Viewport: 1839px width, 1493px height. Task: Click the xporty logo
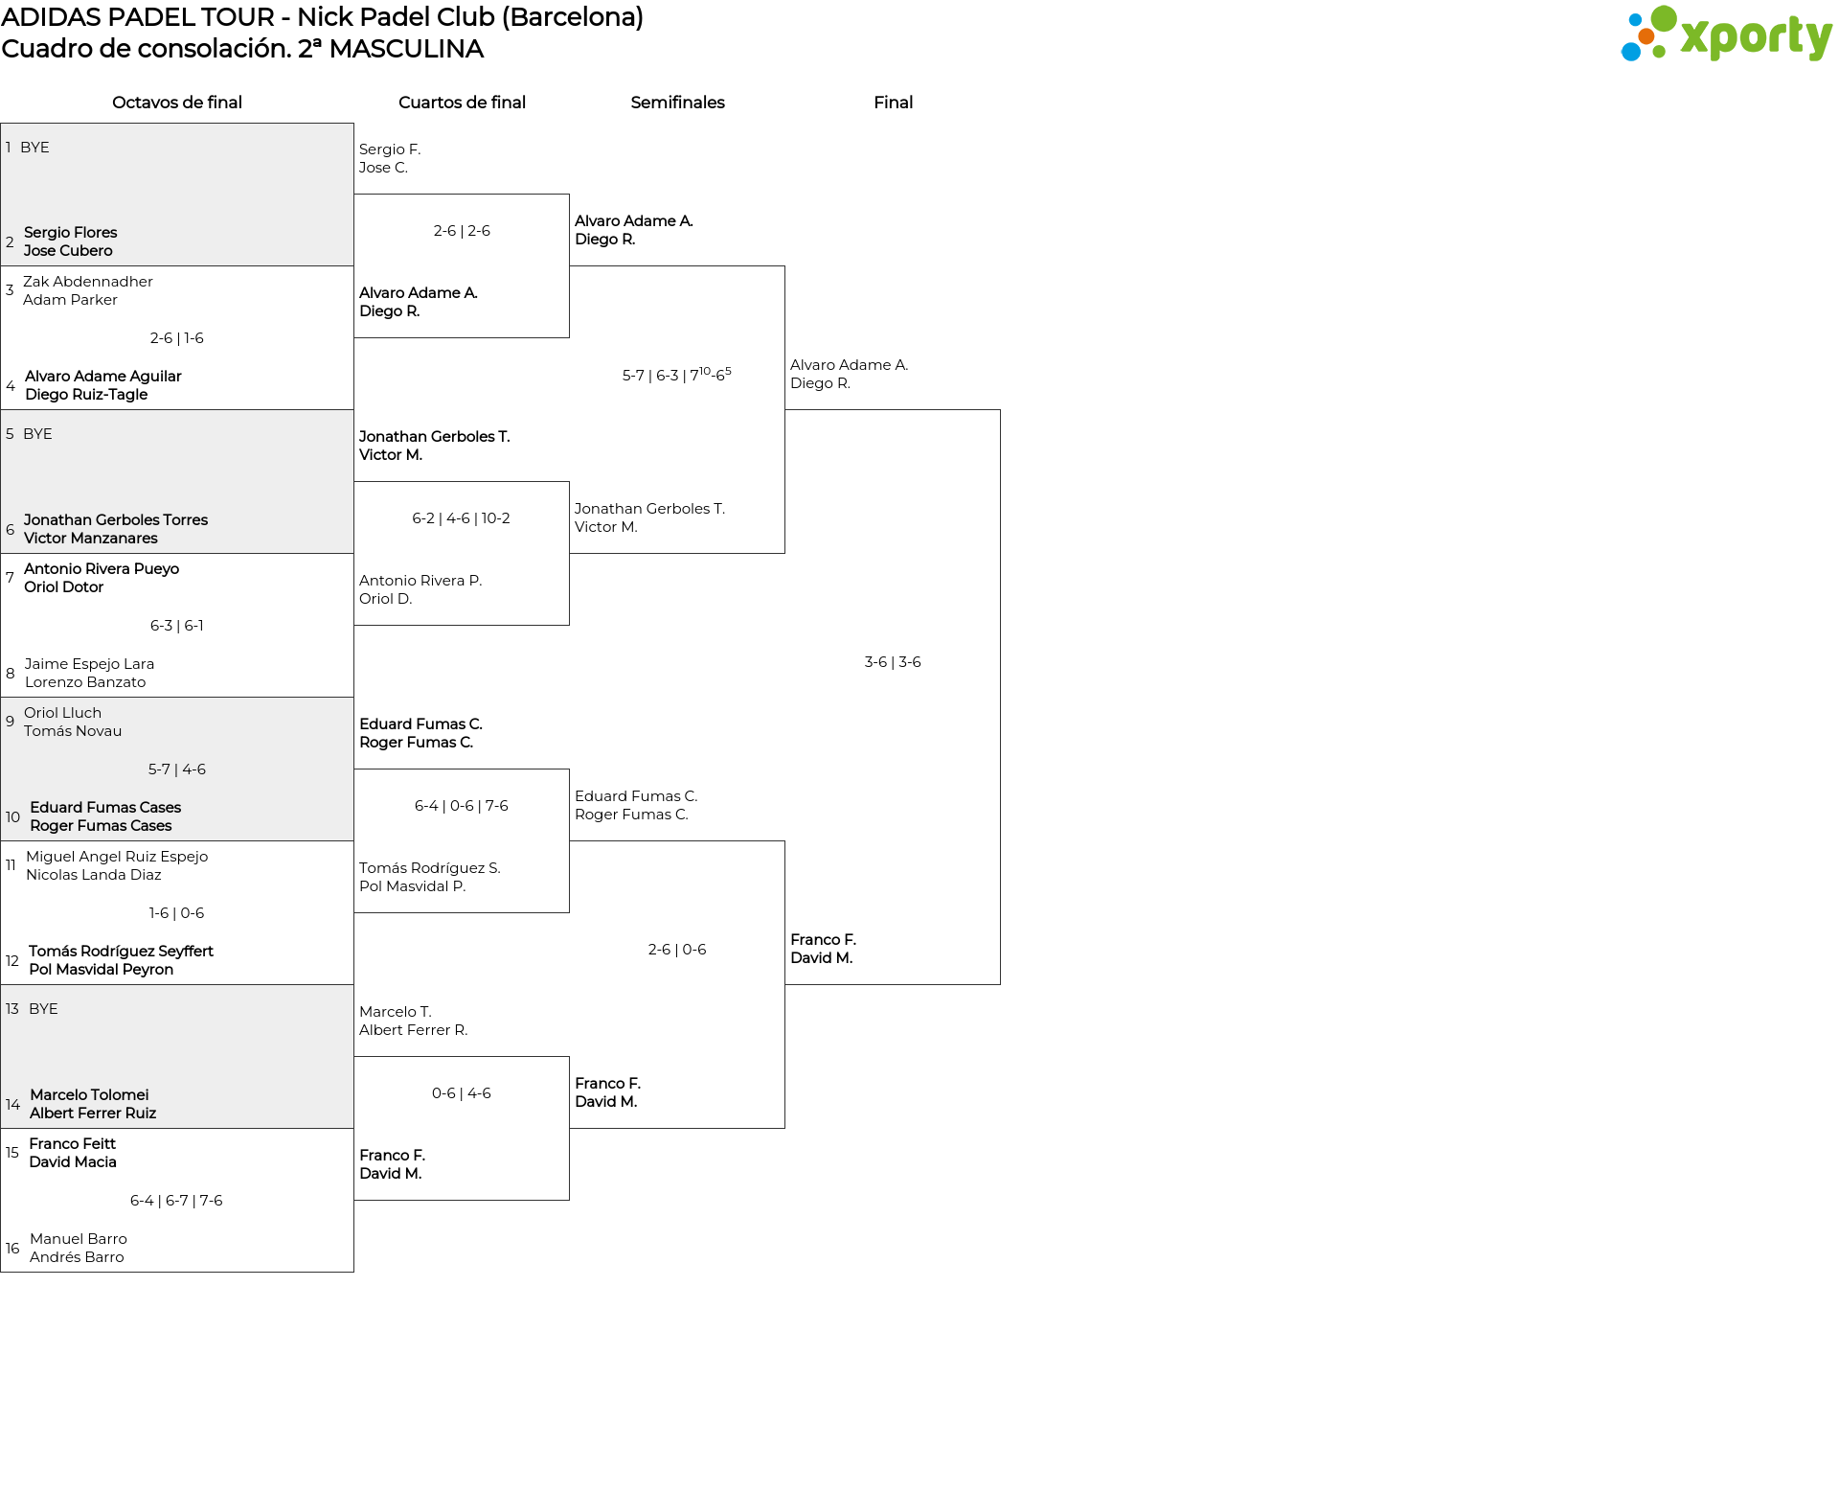[x=1726, y=34]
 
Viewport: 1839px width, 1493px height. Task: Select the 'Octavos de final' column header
[x=177, y=103]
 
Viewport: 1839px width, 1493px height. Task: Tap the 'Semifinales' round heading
[x=677, y=103]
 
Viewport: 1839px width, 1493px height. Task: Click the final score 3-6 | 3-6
[x=893, y=662]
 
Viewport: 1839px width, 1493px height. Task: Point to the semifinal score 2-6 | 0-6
[x=677, y=950]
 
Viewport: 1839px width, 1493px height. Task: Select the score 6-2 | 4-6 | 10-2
[x=461, y=518]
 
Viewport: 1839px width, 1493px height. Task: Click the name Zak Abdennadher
[x=88, y=282]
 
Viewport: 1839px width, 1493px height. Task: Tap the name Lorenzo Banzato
[x=85, y=682]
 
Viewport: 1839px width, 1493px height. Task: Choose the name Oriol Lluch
[x=62, y=713]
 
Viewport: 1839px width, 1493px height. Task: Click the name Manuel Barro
[x=79, y=1239]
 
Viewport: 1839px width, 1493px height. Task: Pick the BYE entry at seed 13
[x=43, y=1009]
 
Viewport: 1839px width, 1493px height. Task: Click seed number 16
[x=12, y=1249]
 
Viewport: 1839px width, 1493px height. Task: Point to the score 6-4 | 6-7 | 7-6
[x=176, y=1201]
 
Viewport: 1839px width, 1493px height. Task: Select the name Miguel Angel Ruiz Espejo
[x=117, y=857]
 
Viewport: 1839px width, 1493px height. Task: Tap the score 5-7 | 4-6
[x=177, y=769]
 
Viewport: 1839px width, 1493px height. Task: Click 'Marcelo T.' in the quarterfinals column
[x=396, y=1012]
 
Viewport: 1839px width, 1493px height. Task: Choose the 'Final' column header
[x=893, y=103]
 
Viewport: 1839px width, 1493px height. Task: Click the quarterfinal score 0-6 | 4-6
[x=461, y=1093]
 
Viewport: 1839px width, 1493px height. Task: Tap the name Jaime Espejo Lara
[x=89, y=664]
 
